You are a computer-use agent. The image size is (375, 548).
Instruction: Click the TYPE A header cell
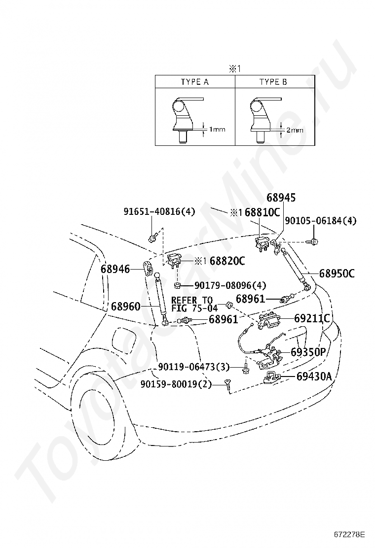(195, 82)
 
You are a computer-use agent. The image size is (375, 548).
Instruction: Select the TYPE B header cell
(275, 82)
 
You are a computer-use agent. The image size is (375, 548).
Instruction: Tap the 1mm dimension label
(217, 129)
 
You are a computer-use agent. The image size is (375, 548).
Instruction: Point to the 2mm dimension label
(295, 131)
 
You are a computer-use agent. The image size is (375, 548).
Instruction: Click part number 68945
(281, 198)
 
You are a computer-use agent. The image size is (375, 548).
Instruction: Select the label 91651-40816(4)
(159, 211)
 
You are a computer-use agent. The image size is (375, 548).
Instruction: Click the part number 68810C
(262, 212)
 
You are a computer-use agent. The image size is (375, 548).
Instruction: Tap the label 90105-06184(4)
(320, 221)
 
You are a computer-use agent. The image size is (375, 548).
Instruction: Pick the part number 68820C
(227, 261)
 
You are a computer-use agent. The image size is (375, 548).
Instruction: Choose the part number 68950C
(337, 274)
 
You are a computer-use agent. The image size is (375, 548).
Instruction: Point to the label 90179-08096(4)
(230, 285)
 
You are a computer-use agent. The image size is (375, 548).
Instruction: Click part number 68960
(126, 307)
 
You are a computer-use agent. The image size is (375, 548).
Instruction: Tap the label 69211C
(312, 318)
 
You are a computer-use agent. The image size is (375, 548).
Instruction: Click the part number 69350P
(308, 352)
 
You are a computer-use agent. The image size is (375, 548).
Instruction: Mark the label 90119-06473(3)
(194, 367)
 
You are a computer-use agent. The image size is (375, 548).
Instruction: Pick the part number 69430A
(314, 377)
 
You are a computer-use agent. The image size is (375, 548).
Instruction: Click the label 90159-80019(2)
(176, 384)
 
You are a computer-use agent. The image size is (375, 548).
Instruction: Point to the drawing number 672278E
(349, 535)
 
